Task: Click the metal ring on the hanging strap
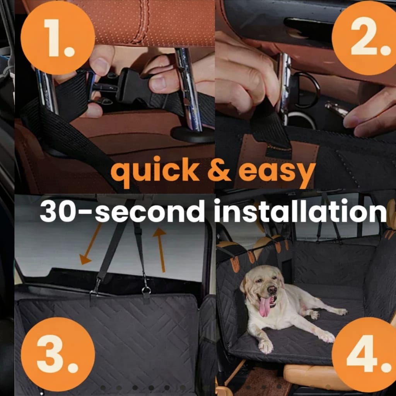pyautogui.click(x=146, y=290)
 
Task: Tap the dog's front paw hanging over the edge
pyautogui.click(x=266, y=346)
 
